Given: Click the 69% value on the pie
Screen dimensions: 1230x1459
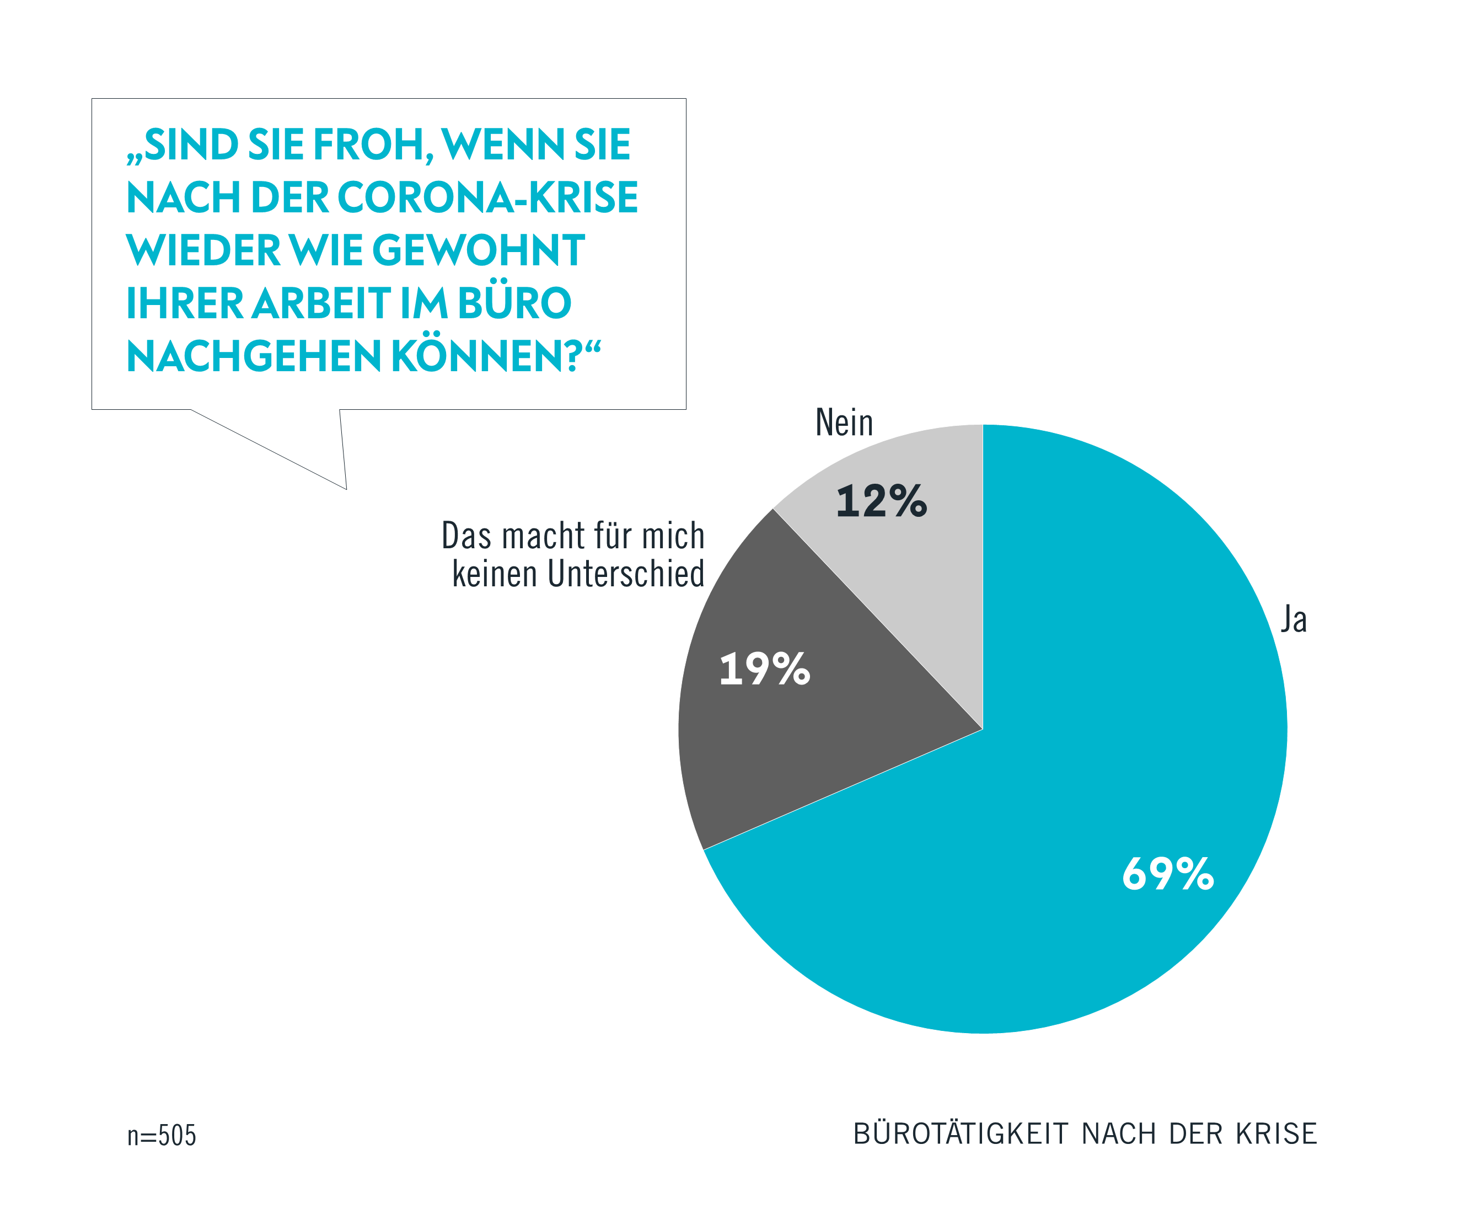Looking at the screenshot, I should click(1168, 874).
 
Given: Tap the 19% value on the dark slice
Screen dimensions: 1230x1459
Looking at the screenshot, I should click(765, 670).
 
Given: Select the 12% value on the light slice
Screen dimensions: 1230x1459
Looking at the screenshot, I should click(881, 501).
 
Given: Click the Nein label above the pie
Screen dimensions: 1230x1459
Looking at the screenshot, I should click(844, 423).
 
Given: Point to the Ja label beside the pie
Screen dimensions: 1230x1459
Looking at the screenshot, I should click(1294, 620).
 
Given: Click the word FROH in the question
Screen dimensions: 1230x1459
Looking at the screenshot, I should click(369, 145).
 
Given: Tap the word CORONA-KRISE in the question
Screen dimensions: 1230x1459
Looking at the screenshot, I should click(488, 198).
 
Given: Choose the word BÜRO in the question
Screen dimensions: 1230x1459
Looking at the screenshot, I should click(514, 304).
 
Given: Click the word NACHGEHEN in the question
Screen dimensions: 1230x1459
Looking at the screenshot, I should click(253, 357).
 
